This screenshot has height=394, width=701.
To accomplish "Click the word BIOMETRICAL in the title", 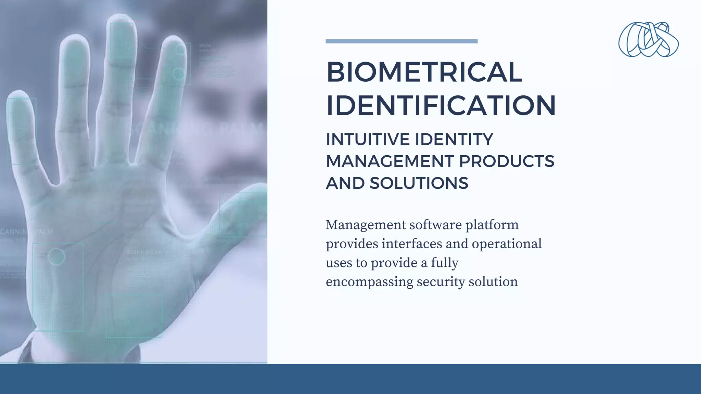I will pos(424,72).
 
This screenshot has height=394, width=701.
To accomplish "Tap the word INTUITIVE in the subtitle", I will pos(368,140).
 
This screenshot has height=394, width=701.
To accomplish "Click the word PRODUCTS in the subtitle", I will pos(506,161).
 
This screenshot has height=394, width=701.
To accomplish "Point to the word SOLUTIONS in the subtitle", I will pos(419,183).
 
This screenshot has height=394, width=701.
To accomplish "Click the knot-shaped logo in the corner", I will pos(648,40).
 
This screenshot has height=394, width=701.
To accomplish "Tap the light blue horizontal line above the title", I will pos(402,41).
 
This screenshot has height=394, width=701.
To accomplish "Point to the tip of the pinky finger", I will pos(19,97).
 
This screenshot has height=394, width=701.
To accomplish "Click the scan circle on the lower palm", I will pos(56,257).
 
